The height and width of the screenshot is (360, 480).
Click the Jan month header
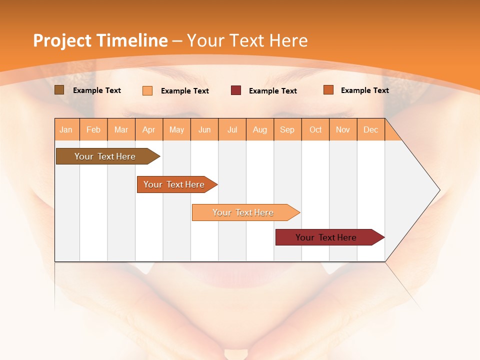coord(66,129)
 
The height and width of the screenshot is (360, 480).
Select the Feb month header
coord(93,129)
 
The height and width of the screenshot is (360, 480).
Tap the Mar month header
coord(121,129)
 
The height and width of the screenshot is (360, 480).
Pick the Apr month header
coord(149,129)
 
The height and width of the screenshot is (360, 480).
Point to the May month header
coord(176,129)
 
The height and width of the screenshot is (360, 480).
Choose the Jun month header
coord(204,129)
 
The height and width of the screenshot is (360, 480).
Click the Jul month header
coord(232,129)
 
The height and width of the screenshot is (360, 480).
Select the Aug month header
coord(260,129)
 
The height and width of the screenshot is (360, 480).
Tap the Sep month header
coord(287,129)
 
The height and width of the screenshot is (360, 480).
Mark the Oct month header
coord(315,129)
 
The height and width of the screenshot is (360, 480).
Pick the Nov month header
coord(343,129)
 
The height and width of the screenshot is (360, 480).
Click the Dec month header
coord(371,129)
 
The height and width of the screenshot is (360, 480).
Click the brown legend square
coord(59,90)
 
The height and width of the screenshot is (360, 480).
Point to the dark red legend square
coord(236,90)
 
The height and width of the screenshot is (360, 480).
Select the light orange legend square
coord(147,90)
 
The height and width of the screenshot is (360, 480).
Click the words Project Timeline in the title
coord(100,40)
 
